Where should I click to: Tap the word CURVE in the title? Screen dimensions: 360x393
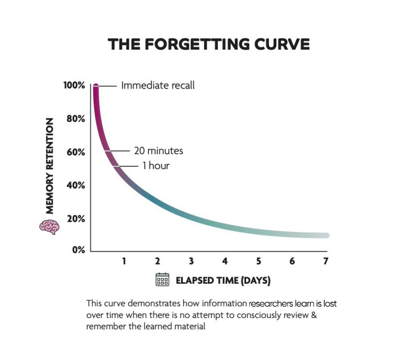282,44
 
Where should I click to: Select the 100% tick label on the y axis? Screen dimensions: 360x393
74,86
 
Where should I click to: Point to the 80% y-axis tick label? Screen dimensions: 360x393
76,119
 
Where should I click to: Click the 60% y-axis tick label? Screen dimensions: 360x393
76,152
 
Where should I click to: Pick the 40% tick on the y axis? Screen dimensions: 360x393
76,185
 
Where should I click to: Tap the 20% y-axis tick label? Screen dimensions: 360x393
76,219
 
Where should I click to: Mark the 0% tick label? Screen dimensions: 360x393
78,249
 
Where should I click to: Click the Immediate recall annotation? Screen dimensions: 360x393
158,86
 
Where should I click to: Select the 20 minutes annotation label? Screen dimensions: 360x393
159,151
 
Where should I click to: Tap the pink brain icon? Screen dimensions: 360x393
49,226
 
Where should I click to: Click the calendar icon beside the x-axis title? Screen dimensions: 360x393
162,280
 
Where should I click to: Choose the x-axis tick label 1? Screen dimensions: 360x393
124,261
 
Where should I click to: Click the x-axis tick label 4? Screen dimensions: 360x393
225,261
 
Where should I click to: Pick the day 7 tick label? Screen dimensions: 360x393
325,261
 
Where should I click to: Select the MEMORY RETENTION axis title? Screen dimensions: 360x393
50,165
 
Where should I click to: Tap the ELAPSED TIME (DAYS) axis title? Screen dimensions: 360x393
223,280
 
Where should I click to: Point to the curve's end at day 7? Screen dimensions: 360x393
325,236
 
